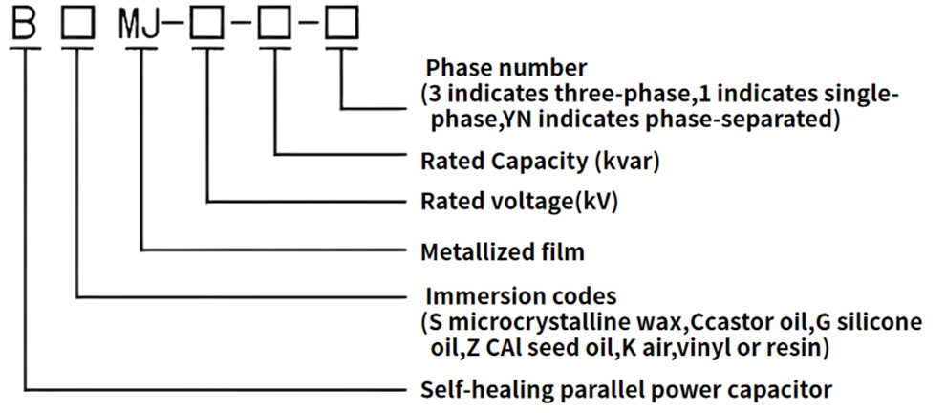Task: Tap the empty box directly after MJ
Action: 206,22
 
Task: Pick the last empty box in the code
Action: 341,22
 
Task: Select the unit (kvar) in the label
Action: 627,161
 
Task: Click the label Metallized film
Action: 502,252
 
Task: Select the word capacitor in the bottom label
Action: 787,390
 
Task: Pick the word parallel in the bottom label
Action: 570,390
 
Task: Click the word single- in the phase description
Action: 864,95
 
